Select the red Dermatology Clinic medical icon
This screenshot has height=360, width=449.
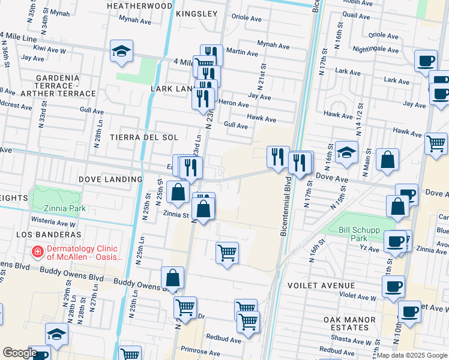click(x=37, y=251)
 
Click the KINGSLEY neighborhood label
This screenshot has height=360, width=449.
click(x=197, y=13)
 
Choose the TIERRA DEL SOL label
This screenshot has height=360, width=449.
click(x=144, y=137)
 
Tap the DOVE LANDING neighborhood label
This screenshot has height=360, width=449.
click(x=110, y=179)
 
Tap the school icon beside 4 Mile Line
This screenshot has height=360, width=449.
click(x=121, y=52)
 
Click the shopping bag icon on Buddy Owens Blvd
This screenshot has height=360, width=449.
click(x=172, y=278)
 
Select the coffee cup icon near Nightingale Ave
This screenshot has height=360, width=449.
click(x=426, y=61)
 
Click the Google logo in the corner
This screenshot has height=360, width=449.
click(x=20, y=353)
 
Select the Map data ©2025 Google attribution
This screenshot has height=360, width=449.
click(x=412, y=355)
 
